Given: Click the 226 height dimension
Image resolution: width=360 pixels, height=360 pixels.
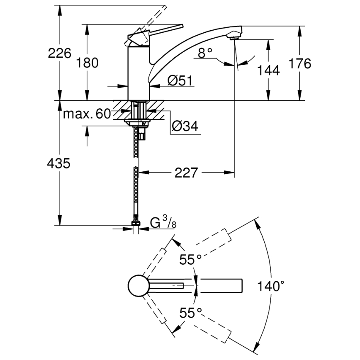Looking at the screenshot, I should pyautogui.click(x=60, y=53).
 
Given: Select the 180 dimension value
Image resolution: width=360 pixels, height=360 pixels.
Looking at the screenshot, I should pyautogui.click(x=88, y=63).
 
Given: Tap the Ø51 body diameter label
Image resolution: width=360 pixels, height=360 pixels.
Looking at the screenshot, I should pyautogui.click(x=180, y=80).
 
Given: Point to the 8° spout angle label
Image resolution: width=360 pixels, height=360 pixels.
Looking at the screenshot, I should pyautogui.click(x=205, y=53).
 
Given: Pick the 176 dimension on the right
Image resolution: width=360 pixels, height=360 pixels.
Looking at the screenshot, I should pyautogui.click(x=299, y=63).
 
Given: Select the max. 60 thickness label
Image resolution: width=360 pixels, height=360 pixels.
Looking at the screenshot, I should pyautogui.click(x=87, y=114).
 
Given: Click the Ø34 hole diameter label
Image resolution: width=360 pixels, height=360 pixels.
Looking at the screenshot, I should pyautogui.click(x=185, y=126).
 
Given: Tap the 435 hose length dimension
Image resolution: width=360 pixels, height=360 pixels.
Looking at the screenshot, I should pyautogui.click(x=59, y=163).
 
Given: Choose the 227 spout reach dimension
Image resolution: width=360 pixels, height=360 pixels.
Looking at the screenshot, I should pyautogui.click(x=185, y=172).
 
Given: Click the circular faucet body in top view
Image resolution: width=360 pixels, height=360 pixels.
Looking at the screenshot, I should pyautogui.click(x=138, y=286).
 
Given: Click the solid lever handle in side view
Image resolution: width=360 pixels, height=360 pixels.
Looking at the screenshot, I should pyautogui.click(x=162, y=30).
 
